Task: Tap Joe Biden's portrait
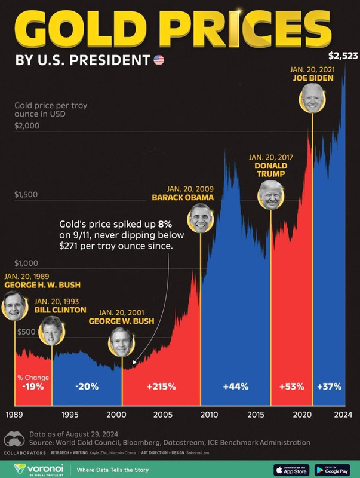click(312, 98)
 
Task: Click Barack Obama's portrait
click(200, 218)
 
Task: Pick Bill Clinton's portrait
click(51, 331)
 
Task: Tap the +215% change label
click(161, 387)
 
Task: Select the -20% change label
click(87, 387)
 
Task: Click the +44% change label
click(235, 387)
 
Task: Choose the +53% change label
click(291, 387)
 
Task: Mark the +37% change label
click(330, 387)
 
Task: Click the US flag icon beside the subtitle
click(158, 60)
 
